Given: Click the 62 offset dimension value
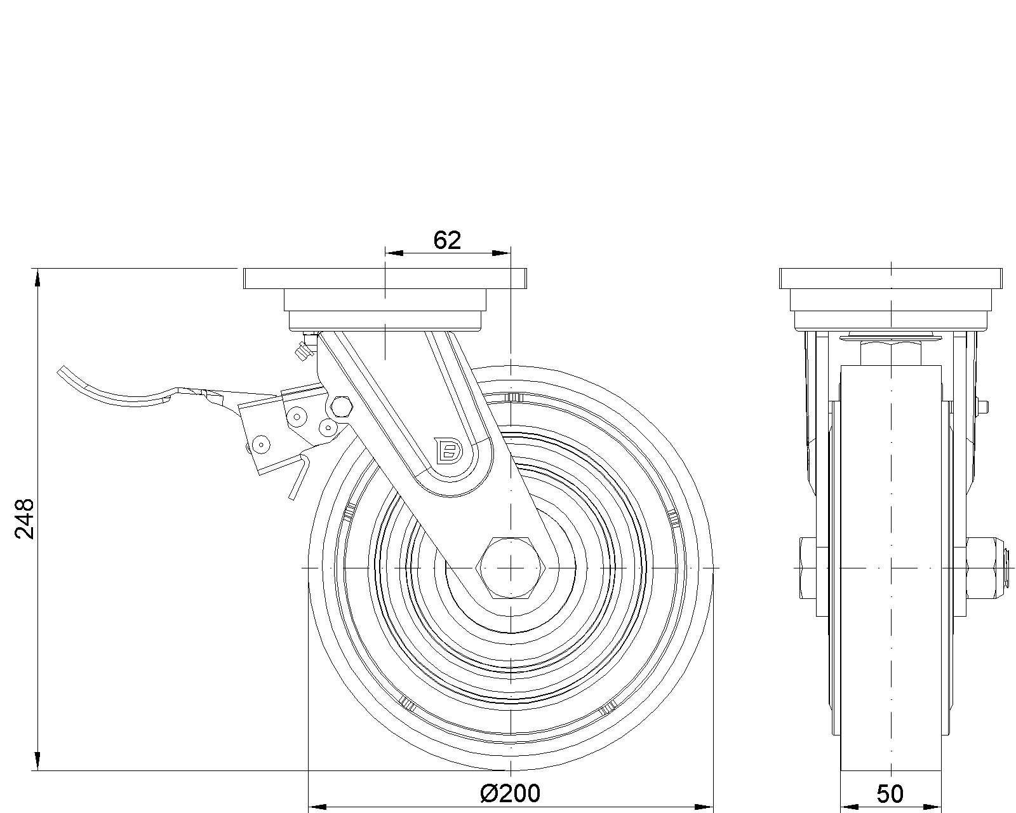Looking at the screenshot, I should click(x=446, y=240).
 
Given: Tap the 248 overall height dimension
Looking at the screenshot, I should click(x=24, y=519).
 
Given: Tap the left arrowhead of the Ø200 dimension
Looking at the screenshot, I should click(x=316, y=807).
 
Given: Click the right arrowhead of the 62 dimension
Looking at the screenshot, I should click(x=503, y=253).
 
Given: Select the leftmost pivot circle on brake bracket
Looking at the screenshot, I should click(x=260, y=443).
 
